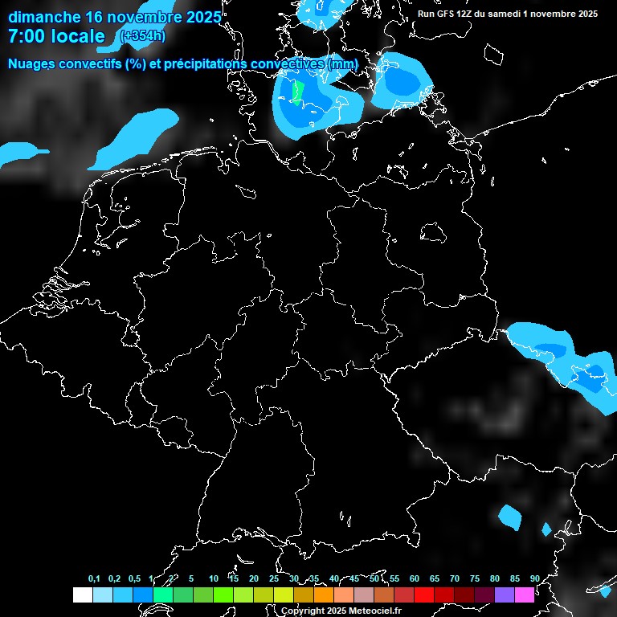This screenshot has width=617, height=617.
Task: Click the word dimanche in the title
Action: point(43,17)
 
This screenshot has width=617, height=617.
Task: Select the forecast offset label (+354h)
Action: point(144,35)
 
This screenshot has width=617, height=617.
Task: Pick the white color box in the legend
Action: point(82,595)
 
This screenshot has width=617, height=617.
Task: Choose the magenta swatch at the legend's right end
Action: point(524,595)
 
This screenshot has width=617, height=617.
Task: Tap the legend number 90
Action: point(534,579)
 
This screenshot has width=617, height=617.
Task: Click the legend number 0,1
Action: point(94,579)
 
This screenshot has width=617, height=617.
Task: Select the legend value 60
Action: point(414,579)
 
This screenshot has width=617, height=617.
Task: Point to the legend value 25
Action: point(273,579)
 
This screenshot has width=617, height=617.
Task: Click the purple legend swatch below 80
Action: point(504,595)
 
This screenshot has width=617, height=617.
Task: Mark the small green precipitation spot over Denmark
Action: point(298,92)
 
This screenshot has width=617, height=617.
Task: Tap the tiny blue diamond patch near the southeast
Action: point(547,529)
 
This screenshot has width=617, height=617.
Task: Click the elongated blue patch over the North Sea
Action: point(137,137)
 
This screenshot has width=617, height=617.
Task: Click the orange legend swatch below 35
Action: point(323,595)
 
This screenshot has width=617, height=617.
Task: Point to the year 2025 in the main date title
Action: point(198,17)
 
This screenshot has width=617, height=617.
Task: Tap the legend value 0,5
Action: point(134,579)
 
